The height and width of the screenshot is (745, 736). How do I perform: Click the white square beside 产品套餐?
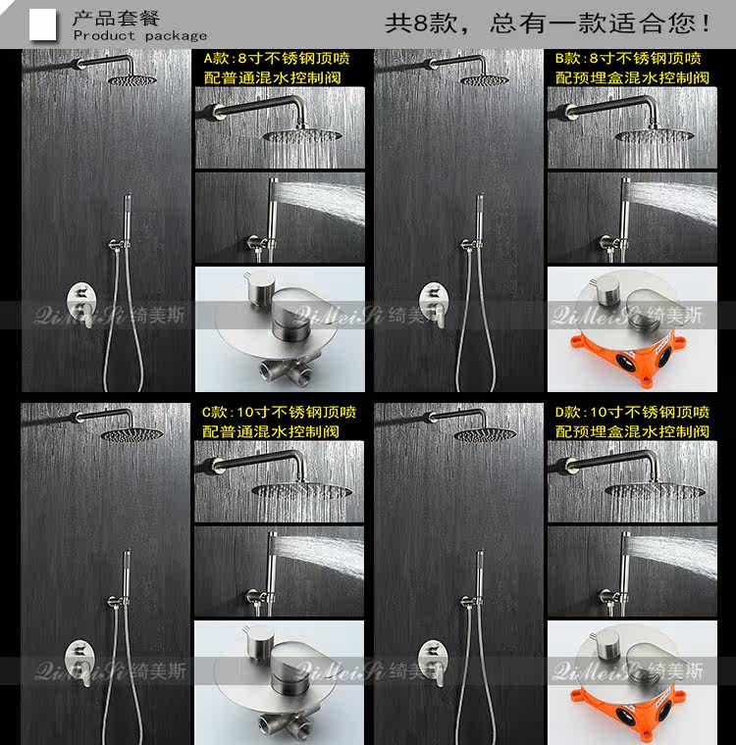(43, 25)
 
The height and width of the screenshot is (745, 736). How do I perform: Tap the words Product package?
(140, 35)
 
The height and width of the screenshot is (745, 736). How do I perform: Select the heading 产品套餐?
(116, 18)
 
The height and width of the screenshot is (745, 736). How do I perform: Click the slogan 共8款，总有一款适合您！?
(549, 23)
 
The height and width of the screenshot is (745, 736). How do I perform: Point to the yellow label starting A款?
(277, 68)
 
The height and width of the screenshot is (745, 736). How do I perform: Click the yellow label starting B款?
(632, 68)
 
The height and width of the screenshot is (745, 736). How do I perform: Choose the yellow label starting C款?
(279, 422)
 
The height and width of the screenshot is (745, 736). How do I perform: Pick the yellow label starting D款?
(632, 422)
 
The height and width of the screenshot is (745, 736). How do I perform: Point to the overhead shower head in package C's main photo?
(131, 434)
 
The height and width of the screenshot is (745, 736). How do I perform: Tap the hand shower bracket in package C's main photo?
(118, 602)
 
